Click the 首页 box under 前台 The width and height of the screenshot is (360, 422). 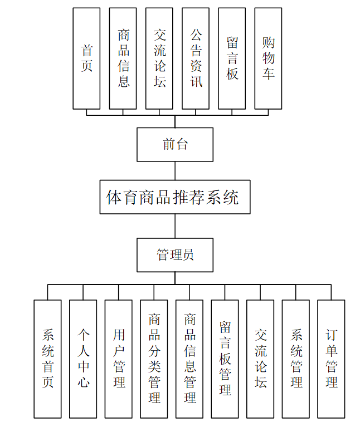pyautogui.click(x=86, y=58)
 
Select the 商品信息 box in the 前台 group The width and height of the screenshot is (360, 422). pyautogui.click(x=123, y=58)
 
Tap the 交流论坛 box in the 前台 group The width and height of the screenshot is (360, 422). pyautogui.click(x=159, y=58)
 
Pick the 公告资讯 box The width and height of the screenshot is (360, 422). pyautogui.click(x=196, y=58)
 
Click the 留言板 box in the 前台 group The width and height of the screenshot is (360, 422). pyautogui.click(x=232, y=58)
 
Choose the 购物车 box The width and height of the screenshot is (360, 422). pyautogui.click(x=268, y=58)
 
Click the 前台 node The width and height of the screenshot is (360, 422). pyautogui.click(x=175, y=145)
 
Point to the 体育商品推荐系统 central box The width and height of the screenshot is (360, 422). pyautogui.click(x=175, y=197)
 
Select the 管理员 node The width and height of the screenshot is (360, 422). pyautogui.click(x=175, y=255)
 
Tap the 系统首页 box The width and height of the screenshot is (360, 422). pyautogui.click(x=47, y=359)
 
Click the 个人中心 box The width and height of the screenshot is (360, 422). pyautogui.click(x=83, y=359)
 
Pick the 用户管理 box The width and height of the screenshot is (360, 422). pyautogui.click(x=118, y=359)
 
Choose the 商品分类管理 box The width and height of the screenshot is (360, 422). pyautogui.click(x=154, y=359)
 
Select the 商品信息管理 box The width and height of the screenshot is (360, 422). pyautogui.click(x=189, y=359)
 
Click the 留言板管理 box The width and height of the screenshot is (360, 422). pyautogui.click(x=225, y=359)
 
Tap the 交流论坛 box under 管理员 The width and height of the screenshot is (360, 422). pyautogui.click(x=260, y=359)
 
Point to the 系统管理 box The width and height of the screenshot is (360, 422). pyautogui.click(x=296, y=359)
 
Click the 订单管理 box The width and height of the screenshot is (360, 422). pyautogui.click(x=331, y=359)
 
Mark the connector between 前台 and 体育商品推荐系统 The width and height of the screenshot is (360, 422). pyautogui.click(x=175, y=171)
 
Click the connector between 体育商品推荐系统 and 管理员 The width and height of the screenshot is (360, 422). pyautogui.click(x=175, y=226)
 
